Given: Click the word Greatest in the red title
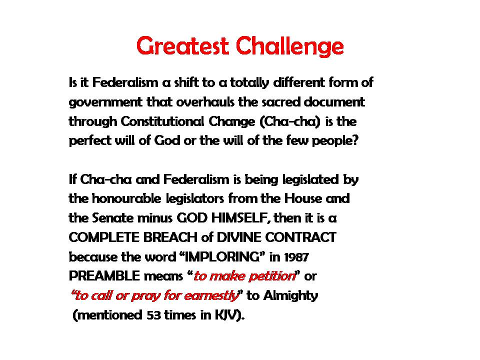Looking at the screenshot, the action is (x=182, y=46).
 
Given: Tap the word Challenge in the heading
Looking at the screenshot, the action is (x=289, y=46).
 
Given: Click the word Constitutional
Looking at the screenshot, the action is (x=162, y=121).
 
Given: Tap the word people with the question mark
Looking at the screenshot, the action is (x=335, y=141).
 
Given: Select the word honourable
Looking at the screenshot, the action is (x=126, y=198).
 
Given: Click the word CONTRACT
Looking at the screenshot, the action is (x=300, y=237).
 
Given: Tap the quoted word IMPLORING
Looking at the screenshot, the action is (x=220, y=256).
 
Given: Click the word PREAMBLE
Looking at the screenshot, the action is (x=104, y=276).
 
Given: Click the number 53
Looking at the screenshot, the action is (x=153, y=315).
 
